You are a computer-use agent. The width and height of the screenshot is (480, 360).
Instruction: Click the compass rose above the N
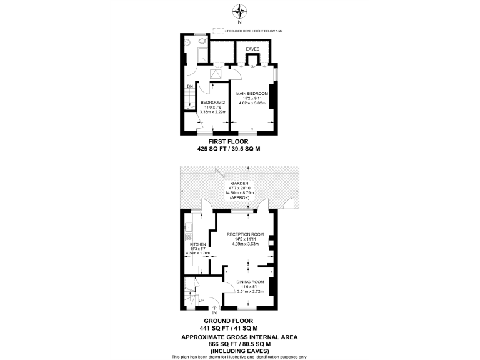240,11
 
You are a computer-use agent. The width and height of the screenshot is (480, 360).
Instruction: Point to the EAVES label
252,48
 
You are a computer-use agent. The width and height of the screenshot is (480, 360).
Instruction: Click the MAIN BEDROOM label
252,93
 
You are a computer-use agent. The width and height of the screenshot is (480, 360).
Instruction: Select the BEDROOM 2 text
212,102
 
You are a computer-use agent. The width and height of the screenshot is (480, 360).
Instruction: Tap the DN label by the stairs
189,87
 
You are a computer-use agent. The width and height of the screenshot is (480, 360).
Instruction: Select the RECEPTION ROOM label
245,234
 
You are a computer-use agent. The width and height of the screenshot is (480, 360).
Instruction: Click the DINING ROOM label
249,282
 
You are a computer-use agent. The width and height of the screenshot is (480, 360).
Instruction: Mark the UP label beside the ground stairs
201,301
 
